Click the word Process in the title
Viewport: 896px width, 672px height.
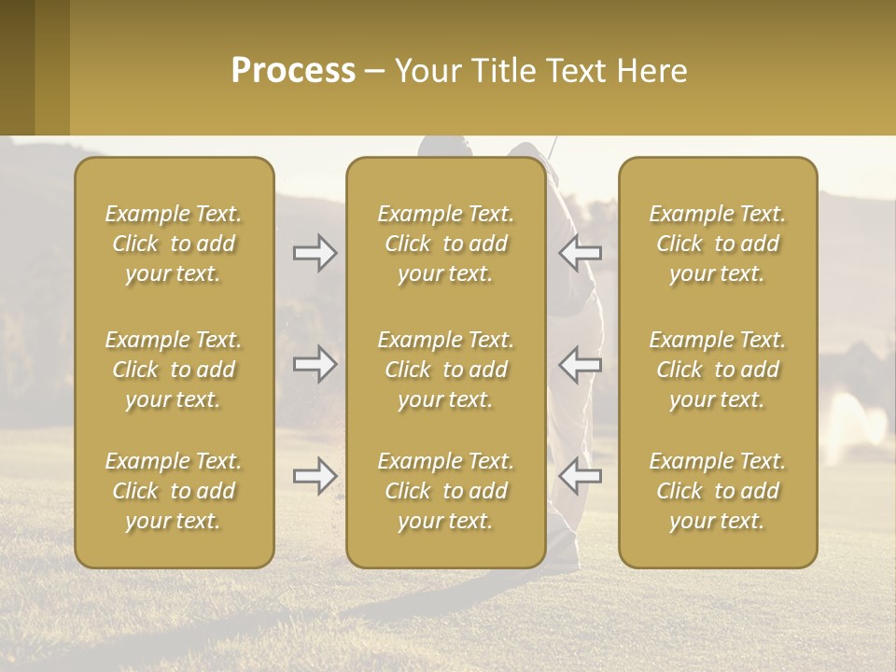pyautogui.click(x=293, y=71)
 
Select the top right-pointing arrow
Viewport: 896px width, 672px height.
pyautogui.click(x=315, y=253)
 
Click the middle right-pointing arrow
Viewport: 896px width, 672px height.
pyautogui.click(x=315, y=364)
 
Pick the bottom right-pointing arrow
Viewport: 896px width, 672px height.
pyautogui.click(x=315, y=476)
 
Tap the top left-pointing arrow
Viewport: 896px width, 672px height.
pyautogui.click(x=581, y=253)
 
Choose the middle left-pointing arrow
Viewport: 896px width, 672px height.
pyautogui.click(x=581, y=364)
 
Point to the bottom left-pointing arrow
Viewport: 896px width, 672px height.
pyautogui.click(x=581, y=476)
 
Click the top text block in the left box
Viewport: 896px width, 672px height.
pyautogui.click(x=174, y=244)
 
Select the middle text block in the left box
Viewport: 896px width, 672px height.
pyautogui.click(x=174, y=370)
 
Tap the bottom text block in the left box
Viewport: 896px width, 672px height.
pyautogui.click(x=174, y=491)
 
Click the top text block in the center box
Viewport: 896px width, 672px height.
pyautogui.click(x=445, y=244)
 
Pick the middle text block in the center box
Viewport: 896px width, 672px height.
pyautogui.click(x=445, y=370)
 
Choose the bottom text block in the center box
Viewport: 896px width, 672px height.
pyautogui.click(x=445, y=491)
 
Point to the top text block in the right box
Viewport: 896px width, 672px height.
pyautogui.click(x=717, y=244)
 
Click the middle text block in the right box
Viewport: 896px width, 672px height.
pyautogui.click(x=717, y=370)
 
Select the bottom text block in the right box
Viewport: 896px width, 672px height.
pyautogui.click(x=717, y=491)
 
